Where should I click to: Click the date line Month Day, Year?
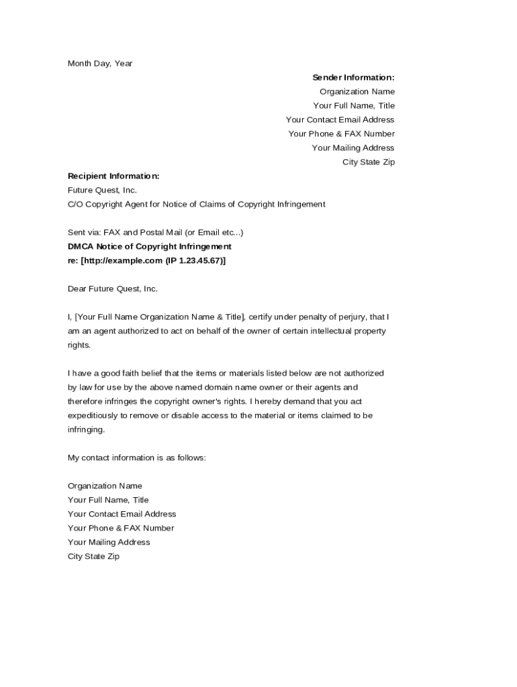coord(100,63)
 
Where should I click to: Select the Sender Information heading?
coord(353,77)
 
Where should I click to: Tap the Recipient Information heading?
coord(113,176)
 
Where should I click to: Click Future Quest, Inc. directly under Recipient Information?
coord(102,190)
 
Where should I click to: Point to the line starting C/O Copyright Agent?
coord(196,204)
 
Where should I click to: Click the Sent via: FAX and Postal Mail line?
coord(155,232)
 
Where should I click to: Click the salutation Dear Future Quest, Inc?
coord(112,288)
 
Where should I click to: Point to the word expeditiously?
coord(94,415)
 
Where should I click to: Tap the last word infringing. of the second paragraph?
coord(86,429)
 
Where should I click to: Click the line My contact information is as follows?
coord(136,458)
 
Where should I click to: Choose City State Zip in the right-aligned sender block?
coord(368,162)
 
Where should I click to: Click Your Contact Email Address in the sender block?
coord(340,119)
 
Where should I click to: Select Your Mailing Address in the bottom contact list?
coord(109,542)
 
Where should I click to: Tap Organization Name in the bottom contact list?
coord(105,486)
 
